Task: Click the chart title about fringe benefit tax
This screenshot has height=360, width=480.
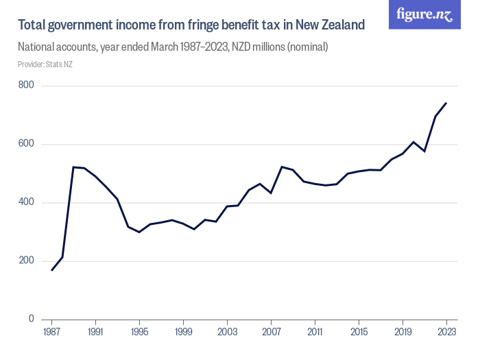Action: tap(191, 25)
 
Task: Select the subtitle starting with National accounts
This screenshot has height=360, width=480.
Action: tap(173, 48)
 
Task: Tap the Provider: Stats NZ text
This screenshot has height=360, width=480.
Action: tap(45, 64)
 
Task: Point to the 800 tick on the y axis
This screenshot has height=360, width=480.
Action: tap(27, 86)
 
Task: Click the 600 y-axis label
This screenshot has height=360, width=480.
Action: tap(27, 144)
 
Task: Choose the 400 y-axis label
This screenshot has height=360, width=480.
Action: tap(27, 203)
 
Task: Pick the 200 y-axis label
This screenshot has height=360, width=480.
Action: tap(27, 261)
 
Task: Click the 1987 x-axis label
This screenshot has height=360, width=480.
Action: tap(51, 332)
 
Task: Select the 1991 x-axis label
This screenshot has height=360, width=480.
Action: tap(95, 332)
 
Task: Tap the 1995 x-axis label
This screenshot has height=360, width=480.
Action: tap(139, 332)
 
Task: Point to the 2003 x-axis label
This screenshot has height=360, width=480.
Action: tap(227, 332)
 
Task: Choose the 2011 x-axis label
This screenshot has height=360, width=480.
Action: tap(315, 332)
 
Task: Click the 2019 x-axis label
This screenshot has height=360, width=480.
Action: tap(403, 332)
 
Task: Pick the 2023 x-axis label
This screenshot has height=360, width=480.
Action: tap(446, 332)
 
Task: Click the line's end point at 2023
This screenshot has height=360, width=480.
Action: tap(446, 103)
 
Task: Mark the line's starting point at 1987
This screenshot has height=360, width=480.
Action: tap(51, 270)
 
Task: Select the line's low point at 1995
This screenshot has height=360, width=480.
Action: tap(139, 232)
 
